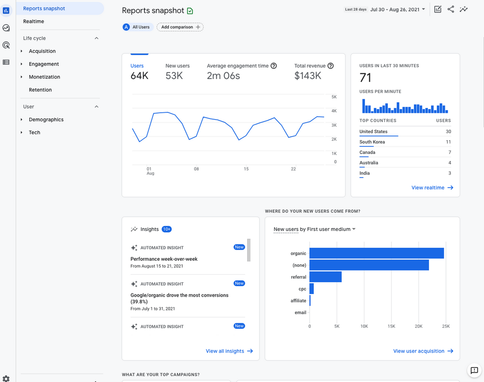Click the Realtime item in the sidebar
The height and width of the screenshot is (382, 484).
click(33, 21)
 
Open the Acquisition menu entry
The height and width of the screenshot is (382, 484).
click(42, 51)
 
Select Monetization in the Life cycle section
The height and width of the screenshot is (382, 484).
click(45, 77)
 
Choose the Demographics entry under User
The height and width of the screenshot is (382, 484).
click(46, 120)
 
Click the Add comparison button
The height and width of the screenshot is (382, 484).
click(180, 27)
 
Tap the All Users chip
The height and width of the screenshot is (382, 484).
click(138, 27)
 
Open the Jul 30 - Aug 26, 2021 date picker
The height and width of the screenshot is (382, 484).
click(398, 9)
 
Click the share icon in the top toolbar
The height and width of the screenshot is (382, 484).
click(451, 9)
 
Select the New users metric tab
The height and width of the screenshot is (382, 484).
click(177, 72)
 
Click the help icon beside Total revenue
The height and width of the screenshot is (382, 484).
click(330, 66)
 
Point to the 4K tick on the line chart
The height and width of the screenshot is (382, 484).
click(334, 111)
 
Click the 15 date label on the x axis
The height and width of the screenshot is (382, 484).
click(246, 169)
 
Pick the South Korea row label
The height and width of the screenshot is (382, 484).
click(372, 142)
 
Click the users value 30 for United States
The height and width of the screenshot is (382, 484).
click(448, 132)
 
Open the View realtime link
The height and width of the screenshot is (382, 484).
click(432, 188)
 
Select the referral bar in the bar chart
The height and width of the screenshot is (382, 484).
click(325, 277)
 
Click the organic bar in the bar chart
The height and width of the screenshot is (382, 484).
click(377, 253)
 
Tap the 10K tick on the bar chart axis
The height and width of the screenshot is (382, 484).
click(364, 326)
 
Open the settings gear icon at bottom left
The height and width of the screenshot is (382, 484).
click(6, 379)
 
